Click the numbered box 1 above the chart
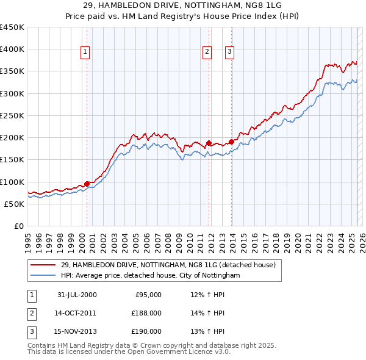coord(84,52)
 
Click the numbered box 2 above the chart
coord(207,52)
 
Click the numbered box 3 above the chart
coord(230,52)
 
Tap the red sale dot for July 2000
coord(87,183)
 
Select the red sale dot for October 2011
coord(209,143)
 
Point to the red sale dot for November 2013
coord(232,142)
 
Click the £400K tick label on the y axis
coord(12,49)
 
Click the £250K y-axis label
coord(12,115)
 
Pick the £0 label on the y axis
coord(18,226)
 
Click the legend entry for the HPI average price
coord(150,276)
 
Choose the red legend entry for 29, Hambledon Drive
coord(168,265)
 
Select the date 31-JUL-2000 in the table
coord(77,295)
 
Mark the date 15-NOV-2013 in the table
coord(77,331)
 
